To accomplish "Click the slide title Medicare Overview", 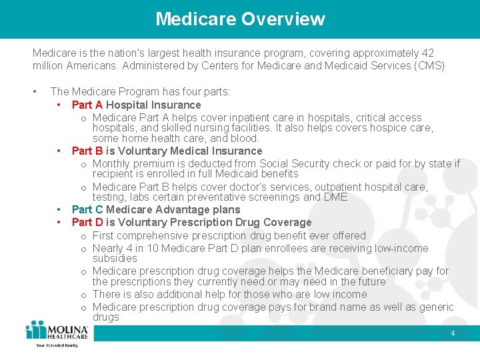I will coord(240,19).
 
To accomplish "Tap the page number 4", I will coord(453,333).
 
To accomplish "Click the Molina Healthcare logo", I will coord(56,333).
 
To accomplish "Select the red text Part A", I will coord(87,105).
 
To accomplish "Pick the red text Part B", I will coord(87,151).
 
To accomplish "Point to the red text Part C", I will coord(87,209).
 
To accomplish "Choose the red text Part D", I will coord(87,222).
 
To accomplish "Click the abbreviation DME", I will coord(335,197).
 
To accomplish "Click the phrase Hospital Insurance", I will coord(153,105).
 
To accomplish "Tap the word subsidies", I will coord(115,258).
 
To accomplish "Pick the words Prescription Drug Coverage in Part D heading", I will coord(249,222).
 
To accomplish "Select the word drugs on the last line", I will coord(106,317).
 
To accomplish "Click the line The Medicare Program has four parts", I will coord(140,91).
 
